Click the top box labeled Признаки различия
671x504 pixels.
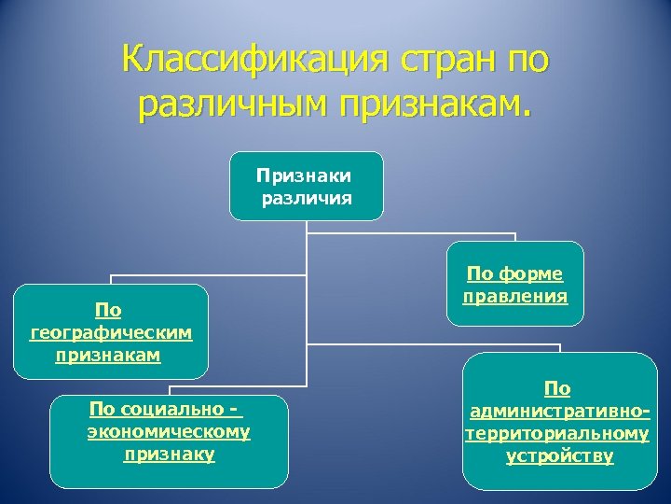tap(306, 186)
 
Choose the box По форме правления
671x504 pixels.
tap(514, 284)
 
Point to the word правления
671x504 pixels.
tap(514, 297)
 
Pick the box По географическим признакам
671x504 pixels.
tap(111, 331)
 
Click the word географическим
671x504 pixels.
tap(111, 332)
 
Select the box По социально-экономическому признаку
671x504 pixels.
tap(169, 441)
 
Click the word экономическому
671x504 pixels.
tap(169, 432)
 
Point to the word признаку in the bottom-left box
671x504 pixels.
tap(169, 455)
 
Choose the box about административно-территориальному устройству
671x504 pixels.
tap(559, 422)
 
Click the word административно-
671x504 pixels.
tap(559, 412)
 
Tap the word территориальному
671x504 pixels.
tap(558, 434)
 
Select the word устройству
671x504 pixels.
tap(559, 456)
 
